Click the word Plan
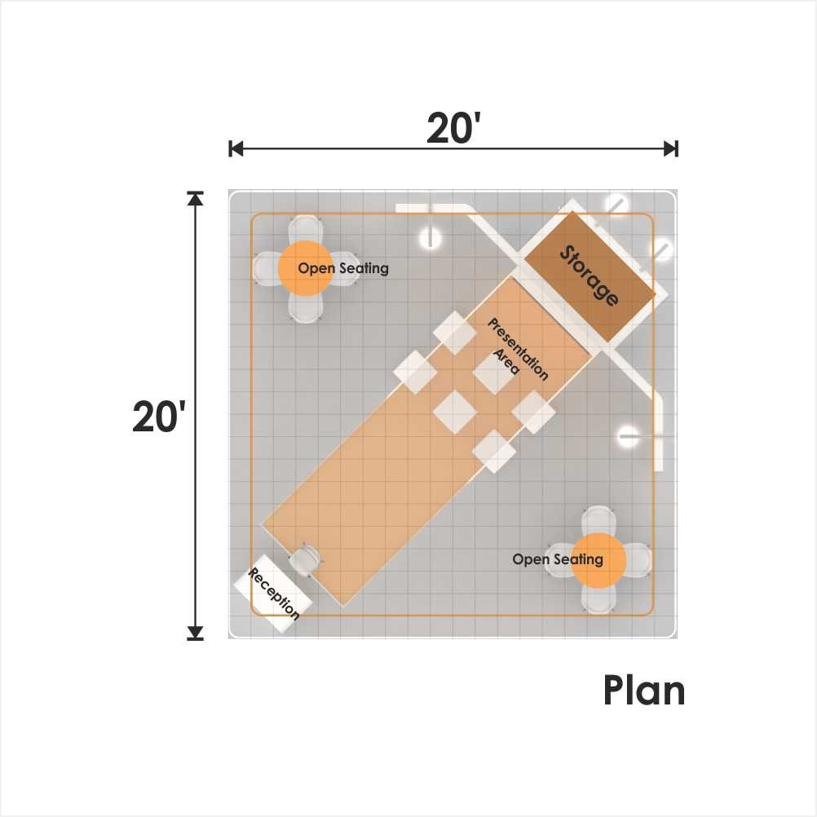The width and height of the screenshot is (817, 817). point(644,691)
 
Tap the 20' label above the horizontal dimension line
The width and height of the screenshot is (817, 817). point(453,128)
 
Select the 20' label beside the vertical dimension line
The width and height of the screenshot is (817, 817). point(159,417)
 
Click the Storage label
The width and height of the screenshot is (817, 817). point(590,276)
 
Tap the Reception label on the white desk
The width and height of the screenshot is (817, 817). point(274,594)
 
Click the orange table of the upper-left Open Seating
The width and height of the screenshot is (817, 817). point(306,268)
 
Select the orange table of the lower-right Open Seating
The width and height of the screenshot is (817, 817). point(598,561)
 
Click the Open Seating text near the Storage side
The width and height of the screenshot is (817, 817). point(343,268)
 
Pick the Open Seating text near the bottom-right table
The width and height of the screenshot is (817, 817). point(558,559)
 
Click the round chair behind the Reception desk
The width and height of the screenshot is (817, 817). point(304,560)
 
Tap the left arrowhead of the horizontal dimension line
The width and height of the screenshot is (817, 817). point(236,149)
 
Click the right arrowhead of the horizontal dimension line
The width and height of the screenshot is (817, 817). point(670,149)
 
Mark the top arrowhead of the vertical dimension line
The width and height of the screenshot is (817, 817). point(196,198)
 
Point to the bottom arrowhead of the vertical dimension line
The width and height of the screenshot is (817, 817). point(196,632)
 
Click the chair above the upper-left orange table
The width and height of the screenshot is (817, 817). point(305,230)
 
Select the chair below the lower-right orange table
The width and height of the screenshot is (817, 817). point(598,598)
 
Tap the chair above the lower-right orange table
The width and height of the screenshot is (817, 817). point(598,521)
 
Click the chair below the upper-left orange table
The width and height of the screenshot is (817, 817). point(306,307)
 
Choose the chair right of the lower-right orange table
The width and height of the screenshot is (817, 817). point(637,561)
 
